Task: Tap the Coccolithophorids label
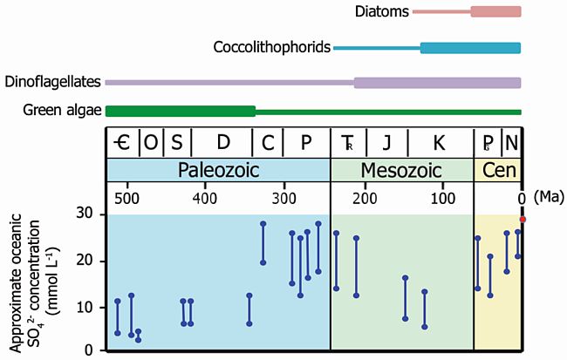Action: click(x=272, y=47)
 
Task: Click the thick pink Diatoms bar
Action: click(x=495, y=11)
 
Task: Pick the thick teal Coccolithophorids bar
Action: click(x=470, y=48)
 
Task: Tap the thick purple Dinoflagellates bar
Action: click(x=437, y=83)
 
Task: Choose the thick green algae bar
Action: click(x=180, y=111)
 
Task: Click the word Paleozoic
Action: click(x=218, y=169)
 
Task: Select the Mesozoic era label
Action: click(x=401, y=169)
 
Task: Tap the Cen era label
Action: click(x=498, y=169)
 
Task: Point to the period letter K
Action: click(x=439, y=142)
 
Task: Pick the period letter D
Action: click(x=222, y=142)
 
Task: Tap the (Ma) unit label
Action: click(x=547, y=198)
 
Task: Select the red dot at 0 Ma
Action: click(x=522, y=220)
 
